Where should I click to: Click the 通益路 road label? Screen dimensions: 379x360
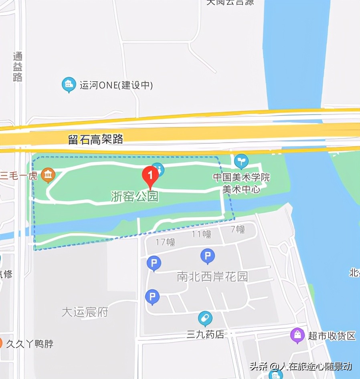pos(18,67)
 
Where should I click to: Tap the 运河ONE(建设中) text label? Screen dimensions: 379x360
pos(116,85)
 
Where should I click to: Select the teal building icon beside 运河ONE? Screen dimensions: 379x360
pos(69,85)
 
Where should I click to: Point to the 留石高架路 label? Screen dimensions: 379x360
pos(95,139)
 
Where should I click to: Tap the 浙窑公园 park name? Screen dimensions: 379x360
pos(135,196)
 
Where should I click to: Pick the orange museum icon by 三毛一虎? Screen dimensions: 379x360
pos(49,175)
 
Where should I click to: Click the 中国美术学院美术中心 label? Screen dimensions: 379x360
pos(241,183)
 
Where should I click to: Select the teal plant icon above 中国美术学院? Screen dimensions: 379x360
pos(241,161)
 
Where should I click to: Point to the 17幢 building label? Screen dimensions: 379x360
pos(165,242)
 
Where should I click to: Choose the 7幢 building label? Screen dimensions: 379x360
pos(237,229)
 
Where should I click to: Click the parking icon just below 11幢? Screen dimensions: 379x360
pos(207,256)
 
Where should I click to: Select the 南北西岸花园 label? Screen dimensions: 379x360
pos(212,276)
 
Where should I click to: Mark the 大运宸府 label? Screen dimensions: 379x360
pos(85,312)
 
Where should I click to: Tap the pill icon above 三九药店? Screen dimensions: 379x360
pos(205,319)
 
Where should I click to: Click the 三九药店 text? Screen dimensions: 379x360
pos(205,335)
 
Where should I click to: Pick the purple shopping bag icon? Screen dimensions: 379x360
pos(297,335)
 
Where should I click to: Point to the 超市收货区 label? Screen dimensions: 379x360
pos(332,336)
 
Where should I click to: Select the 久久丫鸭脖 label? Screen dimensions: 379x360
pos(30,344)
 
